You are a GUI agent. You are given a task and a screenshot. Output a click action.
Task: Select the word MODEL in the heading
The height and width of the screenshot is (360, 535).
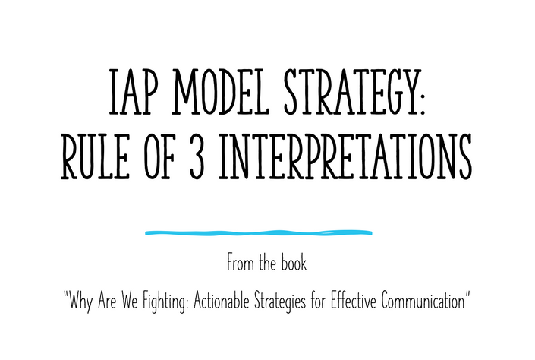(222, 92)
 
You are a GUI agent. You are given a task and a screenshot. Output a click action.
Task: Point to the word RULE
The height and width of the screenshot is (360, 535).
(95, 156)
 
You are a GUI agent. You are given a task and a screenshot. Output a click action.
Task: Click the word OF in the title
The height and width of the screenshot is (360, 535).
(159, 156)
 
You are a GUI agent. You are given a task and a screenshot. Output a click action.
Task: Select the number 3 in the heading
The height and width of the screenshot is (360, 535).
(197, 156)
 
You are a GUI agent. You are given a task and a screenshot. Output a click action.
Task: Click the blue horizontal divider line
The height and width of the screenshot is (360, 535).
(259, 233)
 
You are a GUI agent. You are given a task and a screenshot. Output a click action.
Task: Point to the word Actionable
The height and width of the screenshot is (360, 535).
(222, 301)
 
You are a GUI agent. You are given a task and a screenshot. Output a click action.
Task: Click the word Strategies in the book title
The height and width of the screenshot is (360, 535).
(279, 302)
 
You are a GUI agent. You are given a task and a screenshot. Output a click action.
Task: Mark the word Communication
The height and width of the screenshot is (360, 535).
(423, 301)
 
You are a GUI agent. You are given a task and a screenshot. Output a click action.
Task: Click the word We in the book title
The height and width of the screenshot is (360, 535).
(130, 301)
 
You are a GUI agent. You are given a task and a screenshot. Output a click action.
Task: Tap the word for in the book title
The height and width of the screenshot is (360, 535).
(318, 301)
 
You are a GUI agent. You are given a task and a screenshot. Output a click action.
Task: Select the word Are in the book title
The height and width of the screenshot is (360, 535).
(107, 301)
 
